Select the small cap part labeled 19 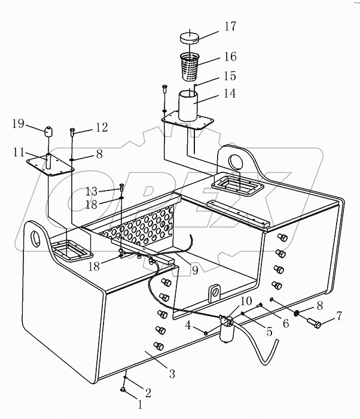48,131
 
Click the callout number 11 19,153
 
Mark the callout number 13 91,191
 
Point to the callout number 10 247,300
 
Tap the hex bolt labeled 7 315,324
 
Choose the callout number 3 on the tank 171,374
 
